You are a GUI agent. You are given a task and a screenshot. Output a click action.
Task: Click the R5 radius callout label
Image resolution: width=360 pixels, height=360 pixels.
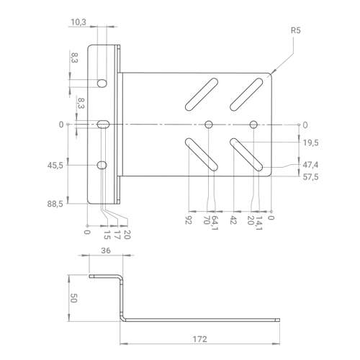(295, 30)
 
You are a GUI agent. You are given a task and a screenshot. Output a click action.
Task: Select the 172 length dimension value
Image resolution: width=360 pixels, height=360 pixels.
(199, 339)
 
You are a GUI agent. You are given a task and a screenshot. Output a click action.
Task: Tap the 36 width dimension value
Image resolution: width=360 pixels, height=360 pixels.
(106, 251)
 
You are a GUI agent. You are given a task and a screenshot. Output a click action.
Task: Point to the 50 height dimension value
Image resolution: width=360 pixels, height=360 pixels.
(73, 298)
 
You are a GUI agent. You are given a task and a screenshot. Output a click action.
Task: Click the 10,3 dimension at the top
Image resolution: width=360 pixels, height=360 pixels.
(78, 22)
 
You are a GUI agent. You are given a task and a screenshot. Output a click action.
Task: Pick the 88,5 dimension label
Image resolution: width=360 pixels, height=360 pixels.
(55, 204)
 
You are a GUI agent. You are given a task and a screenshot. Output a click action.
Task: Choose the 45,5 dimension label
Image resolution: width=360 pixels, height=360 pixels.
(55, 166)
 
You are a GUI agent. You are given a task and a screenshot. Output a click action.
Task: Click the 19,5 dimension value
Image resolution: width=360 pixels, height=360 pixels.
(310, 143)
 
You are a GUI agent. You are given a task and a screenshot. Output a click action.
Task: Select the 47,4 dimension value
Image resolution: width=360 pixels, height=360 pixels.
(310, 165)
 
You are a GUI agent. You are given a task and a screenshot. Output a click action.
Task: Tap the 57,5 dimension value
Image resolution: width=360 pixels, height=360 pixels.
(310, 177)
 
